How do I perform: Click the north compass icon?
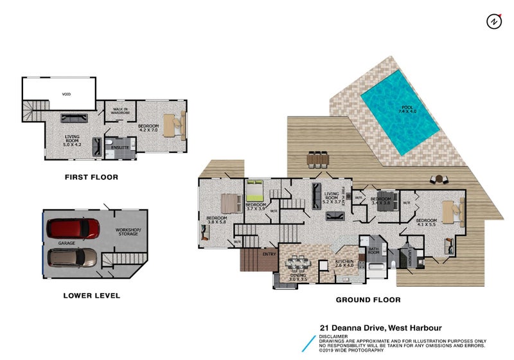pos(493,21)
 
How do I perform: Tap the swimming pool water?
pos(399,110)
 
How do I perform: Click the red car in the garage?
pos(73,228)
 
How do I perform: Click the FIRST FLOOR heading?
pos(91,177)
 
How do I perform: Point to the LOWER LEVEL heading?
pos(91,296)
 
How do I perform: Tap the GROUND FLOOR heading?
pos(368,300)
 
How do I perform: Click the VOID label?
pos(66,94)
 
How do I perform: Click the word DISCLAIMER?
pos(333,336)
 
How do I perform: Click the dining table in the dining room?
pos(298,263)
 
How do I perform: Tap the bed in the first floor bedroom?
pos(173,124)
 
